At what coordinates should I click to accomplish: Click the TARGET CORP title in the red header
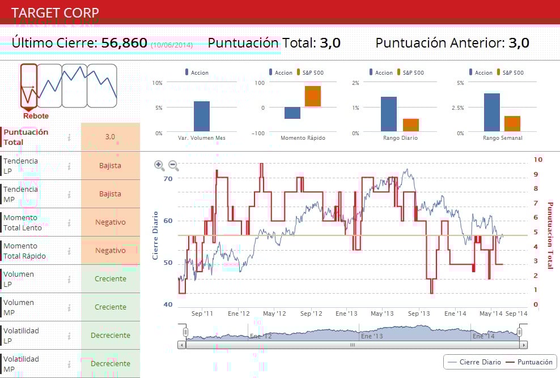(55, 12)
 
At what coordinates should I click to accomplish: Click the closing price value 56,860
(124, 42)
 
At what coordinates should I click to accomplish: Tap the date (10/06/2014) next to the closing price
(172, 44)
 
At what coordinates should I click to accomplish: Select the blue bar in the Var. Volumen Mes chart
(202, 117)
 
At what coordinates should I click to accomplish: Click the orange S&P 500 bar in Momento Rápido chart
(313, 96)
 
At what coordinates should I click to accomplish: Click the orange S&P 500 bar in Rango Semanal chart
(512, 123)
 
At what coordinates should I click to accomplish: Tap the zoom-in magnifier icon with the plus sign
(159, 165)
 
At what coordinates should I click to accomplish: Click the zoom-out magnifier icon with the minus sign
(174, 165)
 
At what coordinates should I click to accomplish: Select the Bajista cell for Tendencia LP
(111, 166)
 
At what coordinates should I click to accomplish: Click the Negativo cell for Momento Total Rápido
(111, 251)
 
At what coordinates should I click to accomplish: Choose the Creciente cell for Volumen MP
(111, 307)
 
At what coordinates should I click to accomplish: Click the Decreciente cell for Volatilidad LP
(111, 336)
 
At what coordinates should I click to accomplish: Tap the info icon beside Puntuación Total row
(69, 137)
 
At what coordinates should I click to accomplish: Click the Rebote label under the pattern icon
(36, 116)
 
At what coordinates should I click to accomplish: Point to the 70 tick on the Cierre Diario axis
(168, 178)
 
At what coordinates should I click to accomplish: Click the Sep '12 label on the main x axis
(311, 313)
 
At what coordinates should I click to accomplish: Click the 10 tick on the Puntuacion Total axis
(538, 160)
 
